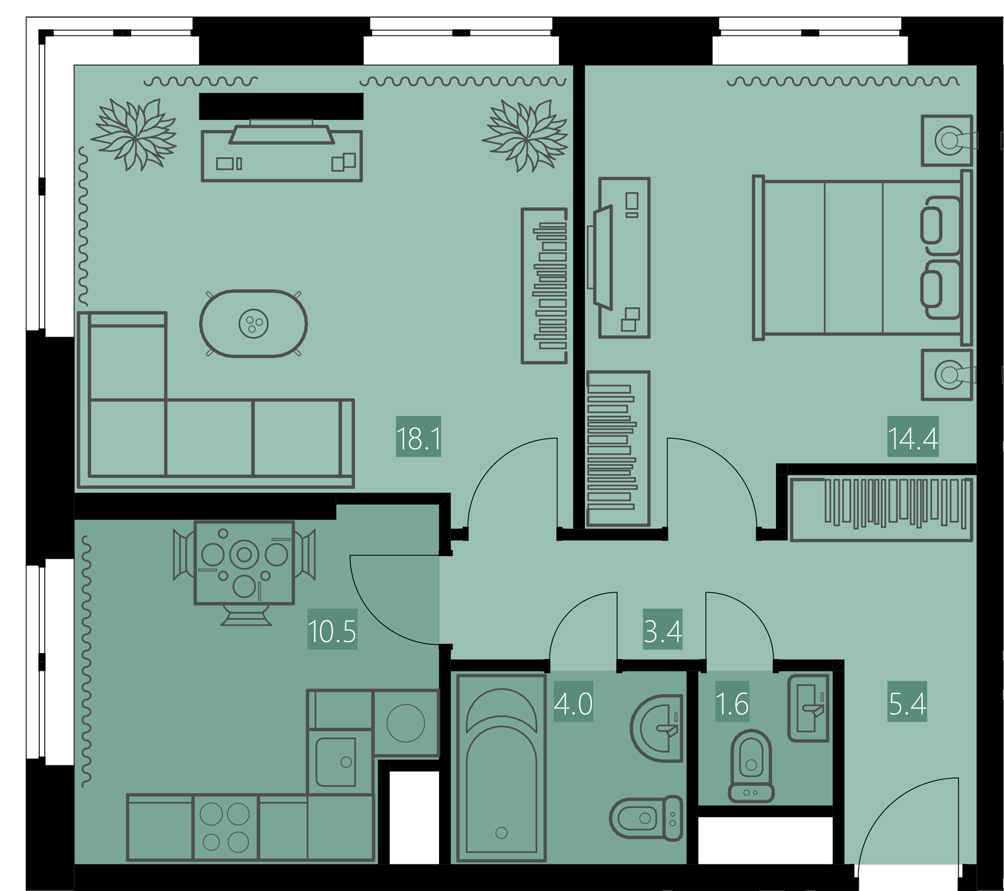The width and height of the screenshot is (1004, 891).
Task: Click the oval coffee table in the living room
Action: tap(253, 323)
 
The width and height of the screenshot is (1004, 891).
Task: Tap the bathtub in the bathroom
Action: tap(501, 768)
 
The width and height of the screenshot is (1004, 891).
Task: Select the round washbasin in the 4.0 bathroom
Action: tap(657, 728)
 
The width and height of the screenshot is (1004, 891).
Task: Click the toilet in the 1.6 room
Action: tap(751, 766)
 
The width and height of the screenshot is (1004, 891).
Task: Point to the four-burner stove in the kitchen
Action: tap(225, 828)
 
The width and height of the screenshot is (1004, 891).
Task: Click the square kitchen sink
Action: tap(336, 762)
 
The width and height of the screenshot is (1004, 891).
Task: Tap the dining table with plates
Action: tap(244, 562)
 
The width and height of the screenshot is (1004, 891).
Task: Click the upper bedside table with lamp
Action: tap(947, 140)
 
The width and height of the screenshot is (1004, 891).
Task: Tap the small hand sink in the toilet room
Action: tap(809, 708)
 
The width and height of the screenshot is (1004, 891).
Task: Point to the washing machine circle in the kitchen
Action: tap(406, 723)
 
